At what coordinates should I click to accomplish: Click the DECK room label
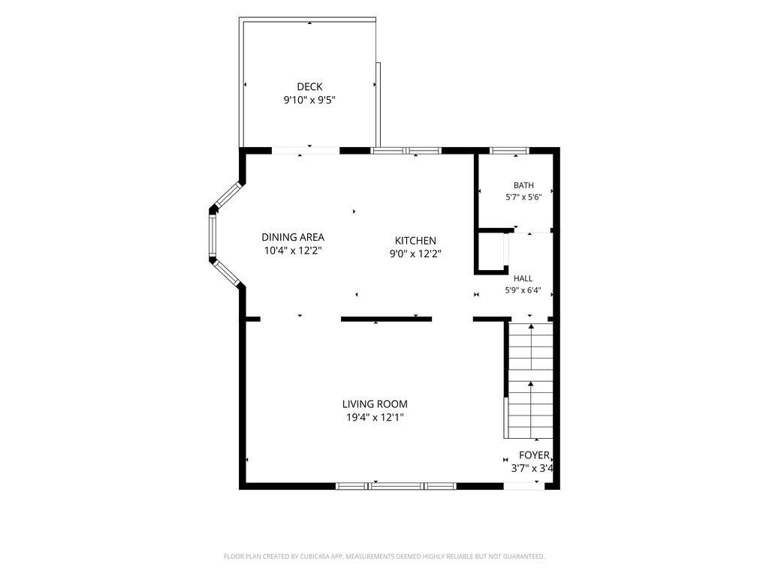[309, 87]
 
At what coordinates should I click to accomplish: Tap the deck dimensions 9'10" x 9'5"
[309, 100]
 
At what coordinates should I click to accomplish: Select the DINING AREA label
[293, 237]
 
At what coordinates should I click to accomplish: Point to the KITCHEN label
[415, 241]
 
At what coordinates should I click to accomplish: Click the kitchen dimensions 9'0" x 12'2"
[415, 253]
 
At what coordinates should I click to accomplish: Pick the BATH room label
[523, 185]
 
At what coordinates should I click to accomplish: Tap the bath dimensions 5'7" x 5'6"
[523, 197]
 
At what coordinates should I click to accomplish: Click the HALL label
[523, 278]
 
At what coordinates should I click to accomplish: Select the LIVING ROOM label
[375, 404]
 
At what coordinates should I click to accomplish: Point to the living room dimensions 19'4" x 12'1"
[375, 417]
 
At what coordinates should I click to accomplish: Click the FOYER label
[534, 455]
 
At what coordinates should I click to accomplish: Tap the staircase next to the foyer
[530, 380]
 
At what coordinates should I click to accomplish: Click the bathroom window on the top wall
[510, 150]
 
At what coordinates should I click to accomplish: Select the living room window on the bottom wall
[396, 486]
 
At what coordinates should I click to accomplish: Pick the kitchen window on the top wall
[406, 150]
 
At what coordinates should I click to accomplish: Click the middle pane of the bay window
[213, 235]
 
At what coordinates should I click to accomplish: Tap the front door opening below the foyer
[523, 486]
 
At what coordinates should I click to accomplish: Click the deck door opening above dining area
[306, 150]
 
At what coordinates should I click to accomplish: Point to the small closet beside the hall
[491, 250]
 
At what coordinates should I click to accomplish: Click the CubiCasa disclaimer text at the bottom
[384, 556]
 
